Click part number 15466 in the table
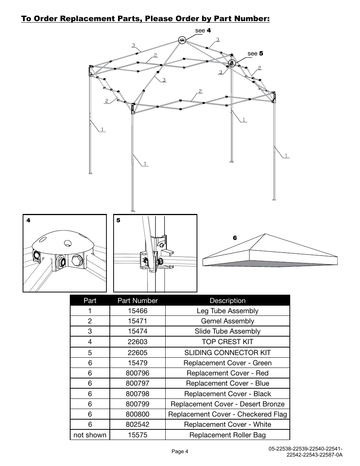point(137,311)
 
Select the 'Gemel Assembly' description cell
point(227,321)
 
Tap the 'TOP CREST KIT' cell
point(227,342)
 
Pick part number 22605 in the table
point(137,353)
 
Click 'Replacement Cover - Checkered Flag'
point(227,414)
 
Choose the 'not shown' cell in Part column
point(90,435)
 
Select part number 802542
point(137,424)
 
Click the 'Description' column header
point(227,301)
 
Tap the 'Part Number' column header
point(137,301)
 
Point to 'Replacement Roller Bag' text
point(227,435)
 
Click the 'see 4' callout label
point(203,31)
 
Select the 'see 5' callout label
point(255,54)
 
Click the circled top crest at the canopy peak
point(182,40)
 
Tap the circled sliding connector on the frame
point(232,63)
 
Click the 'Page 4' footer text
point(180,452)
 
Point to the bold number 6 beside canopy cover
point(235,238)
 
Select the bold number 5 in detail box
point(118,220)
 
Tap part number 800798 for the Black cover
point(137,394)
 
